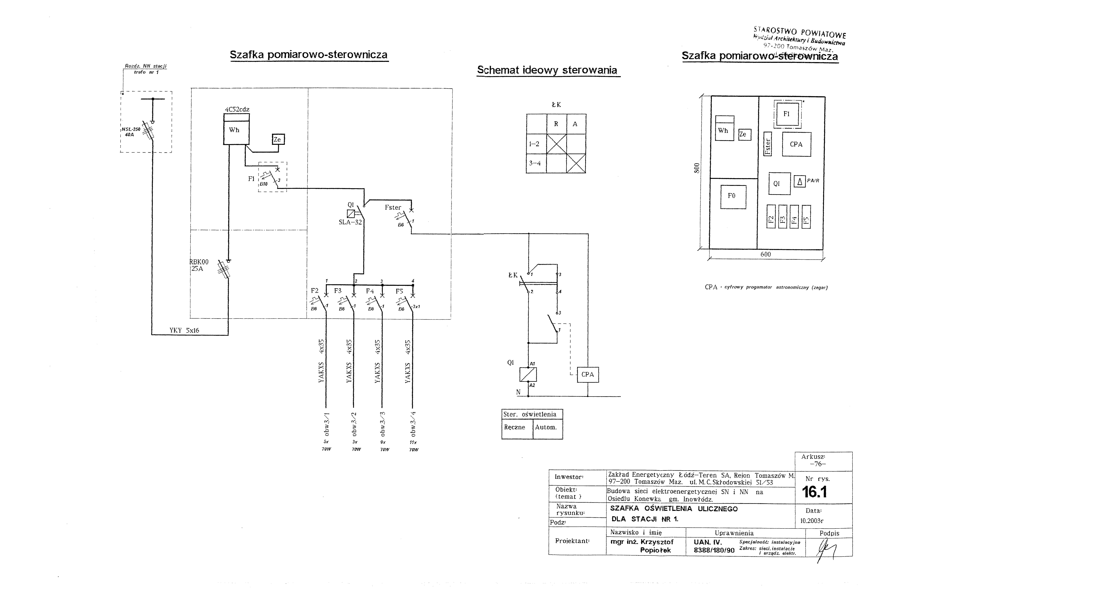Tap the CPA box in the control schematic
click(588, 374)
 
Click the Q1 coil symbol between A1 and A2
click(528, 374)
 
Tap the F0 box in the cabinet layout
click(733, 196)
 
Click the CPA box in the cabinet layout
click(796, 144)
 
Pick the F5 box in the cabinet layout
click(806, 217)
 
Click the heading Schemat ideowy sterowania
click(547, 70)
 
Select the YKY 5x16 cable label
click(184, 330)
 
